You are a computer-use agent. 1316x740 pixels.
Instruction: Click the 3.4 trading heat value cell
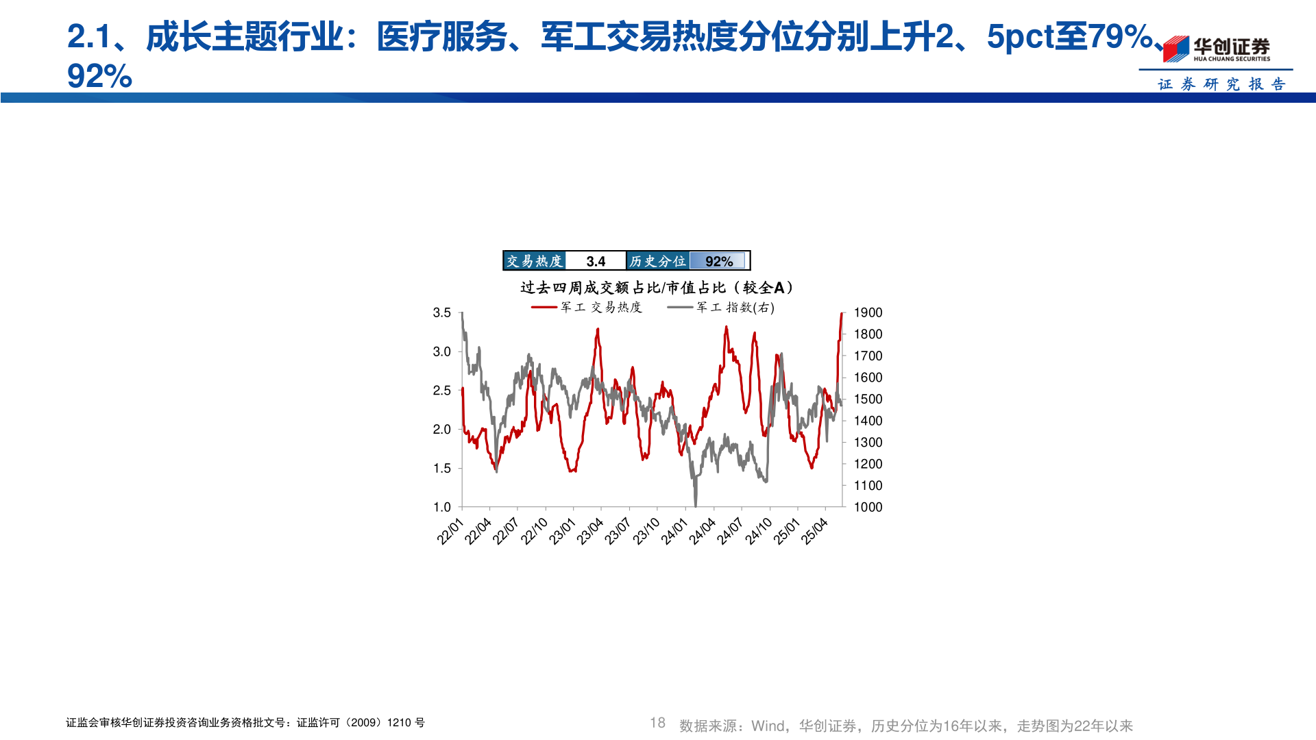tap(596, 261)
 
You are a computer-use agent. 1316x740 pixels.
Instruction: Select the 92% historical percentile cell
tap(718, 261)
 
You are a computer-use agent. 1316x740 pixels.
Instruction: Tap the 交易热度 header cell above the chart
tap(534, 261)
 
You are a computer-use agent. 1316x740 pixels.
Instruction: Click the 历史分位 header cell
tap(657, 261)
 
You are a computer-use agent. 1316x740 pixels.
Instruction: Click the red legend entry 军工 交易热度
tap(587, 308)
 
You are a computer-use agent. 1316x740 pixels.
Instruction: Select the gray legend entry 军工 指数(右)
tap(721, 308)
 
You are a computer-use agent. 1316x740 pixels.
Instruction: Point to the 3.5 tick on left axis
tap(441, 312)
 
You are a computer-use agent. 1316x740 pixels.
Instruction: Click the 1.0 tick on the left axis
tap(441, 507)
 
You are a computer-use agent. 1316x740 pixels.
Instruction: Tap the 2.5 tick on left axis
tap(441, 391)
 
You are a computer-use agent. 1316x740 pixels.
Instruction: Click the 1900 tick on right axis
tap(868, 312)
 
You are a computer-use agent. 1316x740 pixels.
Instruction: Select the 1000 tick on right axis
tap(868, 507)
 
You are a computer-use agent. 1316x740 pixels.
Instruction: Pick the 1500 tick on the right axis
tap(868, 399)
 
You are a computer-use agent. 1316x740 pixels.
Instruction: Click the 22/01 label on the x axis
tap(450, 532)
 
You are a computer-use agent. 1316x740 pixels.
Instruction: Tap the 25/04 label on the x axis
tap(814, 532)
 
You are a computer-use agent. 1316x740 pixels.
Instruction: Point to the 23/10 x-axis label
tap(646, 532)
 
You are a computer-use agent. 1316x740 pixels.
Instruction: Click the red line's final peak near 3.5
tap(842, 314)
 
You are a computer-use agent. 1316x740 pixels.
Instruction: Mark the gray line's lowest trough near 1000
tap(696, 505)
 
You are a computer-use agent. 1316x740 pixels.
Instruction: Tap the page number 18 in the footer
tap(657, 723)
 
